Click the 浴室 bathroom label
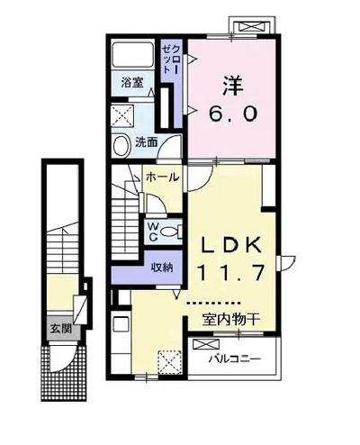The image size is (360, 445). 132,82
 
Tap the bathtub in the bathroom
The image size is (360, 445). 133,55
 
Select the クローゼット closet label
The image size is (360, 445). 171,59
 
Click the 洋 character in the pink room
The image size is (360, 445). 232,86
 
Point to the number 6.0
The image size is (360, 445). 233,114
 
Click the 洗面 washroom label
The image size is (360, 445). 146,142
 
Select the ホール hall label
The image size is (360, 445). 162,177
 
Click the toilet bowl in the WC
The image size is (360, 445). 169,232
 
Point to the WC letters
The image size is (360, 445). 153,232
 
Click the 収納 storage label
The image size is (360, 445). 162,267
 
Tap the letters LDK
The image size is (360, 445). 231,246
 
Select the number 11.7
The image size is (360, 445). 230,273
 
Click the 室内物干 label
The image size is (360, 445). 230,320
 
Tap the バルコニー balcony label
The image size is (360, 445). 235,359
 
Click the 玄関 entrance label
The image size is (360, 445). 61,329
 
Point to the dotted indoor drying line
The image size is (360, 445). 213,303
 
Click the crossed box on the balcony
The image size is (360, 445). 206,344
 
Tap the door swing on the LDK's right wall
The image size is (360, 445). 287,263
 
